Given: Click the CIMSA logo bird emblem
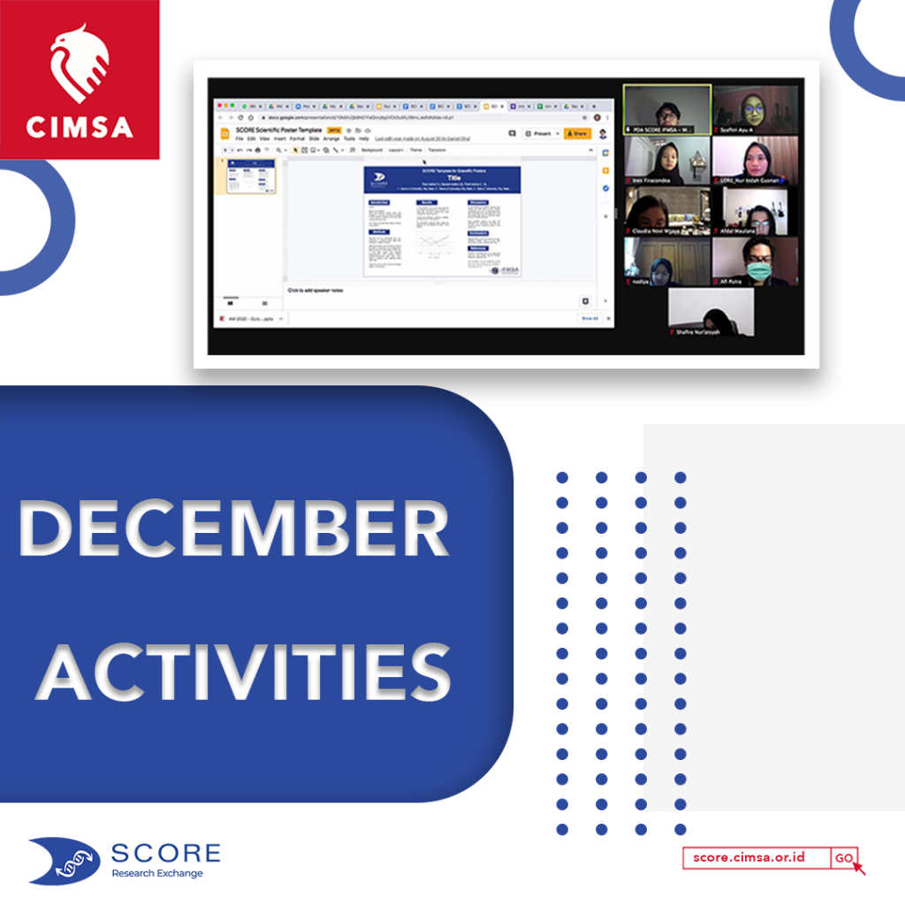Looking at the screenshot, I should point(80,64).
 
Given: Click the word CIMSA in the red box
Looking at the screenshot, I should point(80,126).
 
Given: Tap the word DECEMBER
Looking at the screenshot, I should point(233,530).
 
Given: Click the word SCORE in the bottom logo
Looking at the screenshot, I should point(166,853).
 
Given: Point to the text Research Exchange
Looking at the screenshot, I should point(156,873).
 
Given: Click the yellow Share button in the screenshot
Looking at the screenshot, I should point(577,133).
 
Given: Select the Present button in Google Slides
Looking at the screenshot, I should point(539,133).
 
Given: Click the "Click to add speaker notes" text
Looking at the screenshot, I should point(316,290).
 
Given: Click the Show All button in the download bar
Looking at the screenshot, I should point(589,318).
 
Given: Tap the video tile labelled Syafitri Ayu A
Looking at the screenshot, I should point(756,109).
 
